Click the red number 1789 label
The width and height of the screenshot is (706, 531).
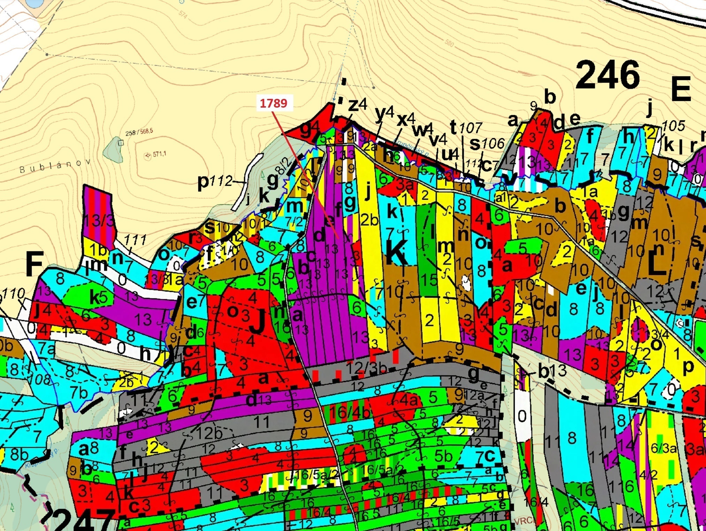[274, 103]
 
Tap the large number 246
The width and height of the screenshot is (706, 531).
[608, 75]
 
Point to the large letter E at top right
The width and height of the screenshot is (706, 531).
[681, 89]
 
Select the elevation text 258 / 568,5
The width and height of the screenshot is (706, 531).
[139, 133]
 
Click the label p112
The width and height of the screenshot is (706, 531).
[215, 181]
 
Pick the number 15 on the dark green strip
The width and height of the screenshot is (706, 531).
[428, 279]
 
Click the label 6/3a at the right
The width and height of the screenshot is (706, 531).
[663, 448]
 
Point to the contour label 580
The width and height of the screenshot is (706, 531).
[450, 43]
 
